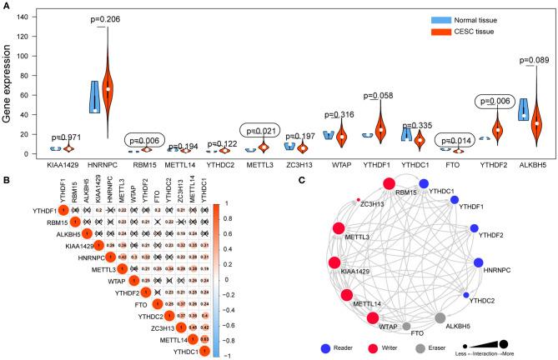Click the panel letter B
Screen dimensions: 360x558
coord(6,177)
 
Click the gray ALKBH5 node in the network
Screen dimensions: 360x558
coord(440,319)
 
